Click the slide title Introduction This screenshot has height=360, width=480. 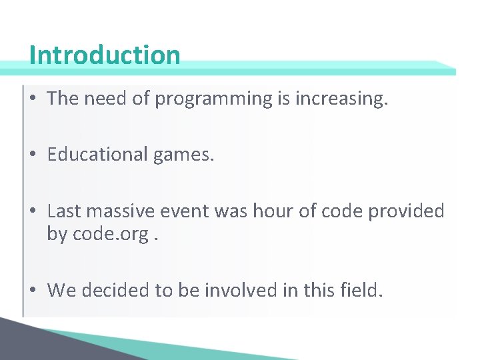click(x=105, y=55)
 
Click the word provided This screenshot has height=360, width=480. click(x=405, y=211)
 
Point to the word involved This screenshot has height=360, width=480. click(x=243, y=290)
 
